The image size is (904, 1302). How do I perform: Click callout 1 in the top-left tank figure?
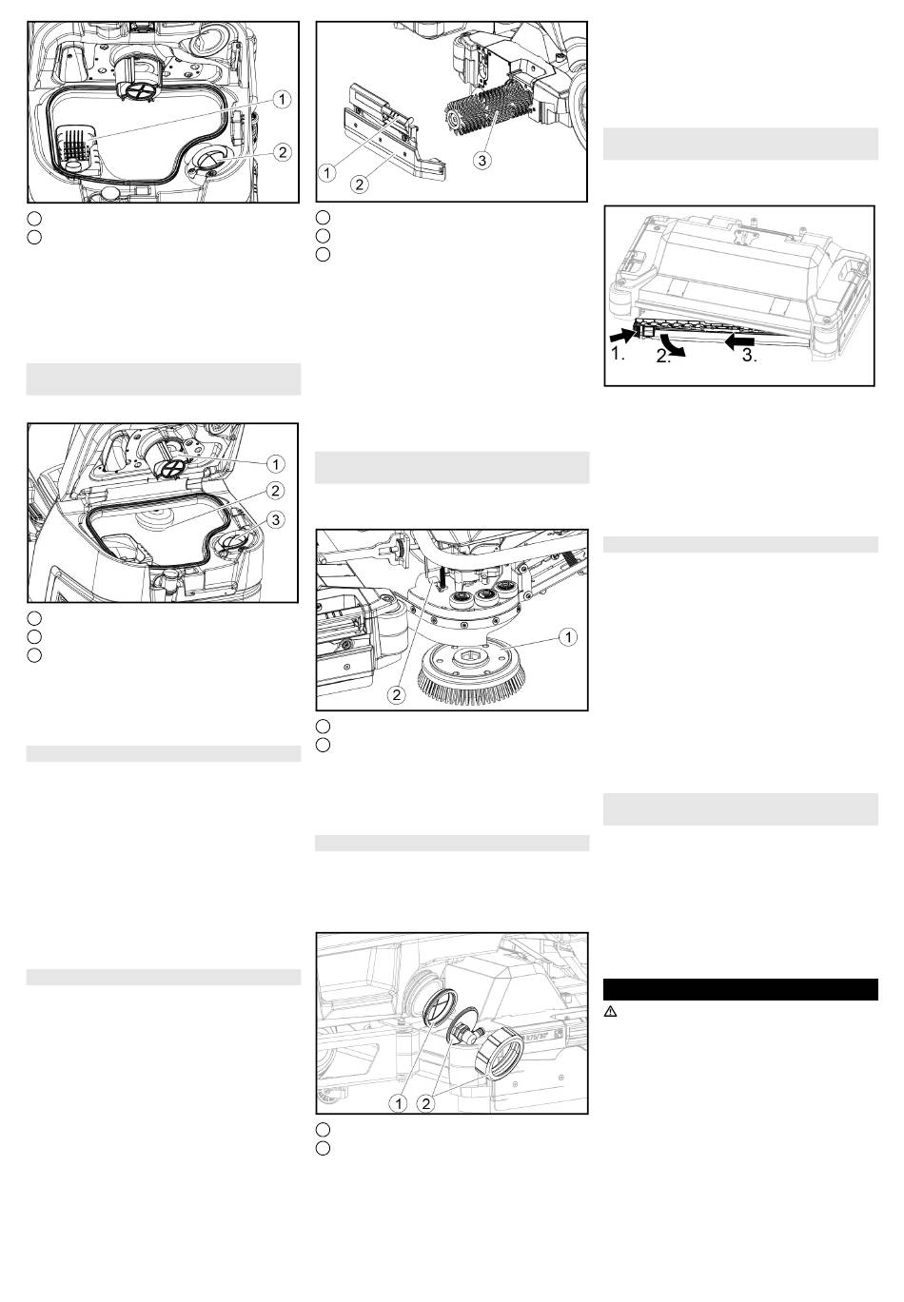(x=282, y=100)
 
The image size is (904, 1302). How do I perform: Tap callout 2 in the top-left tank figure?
(x=282, y=152)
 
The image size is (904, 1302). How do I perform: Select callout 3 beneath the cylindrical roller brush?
(x=481, y=160)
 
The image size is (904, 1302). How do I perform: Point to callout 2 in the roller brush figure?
(x=360, y=185)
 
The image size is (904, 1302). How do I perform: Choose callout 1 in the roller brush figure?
(x=327, y=172)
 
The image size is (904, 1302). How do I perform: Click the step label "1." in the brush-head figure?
(x=618, y=354)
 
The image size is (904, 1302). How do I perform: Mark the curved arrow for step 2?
(x=676, y=345)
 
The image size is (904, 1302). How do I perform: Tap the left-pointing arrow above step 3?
(x=739, y=341)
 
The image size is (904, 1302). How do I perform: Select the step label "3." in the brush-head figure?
(x=749, y=356)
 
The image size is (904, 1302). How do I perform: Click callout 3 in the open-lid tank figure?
(x=275, y=519)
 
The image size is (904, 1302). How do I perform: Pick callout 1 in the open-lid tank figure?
(x=275, y=464)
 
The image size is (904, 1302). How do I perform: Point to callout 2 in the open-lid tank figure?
(x=275, y=491)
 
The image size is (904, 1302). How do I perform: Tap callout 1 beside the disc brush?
(x=568, y=637)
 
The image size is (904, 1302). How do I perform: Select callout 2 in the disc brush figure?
(x=396, y=694)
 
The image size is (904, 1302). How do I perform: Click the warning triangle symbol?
(x=610, y=1012)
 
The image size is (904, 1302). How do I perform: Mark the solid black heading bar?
(x=740, y=989)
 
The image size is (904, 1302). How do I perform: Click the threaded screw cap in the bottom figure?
(x=500, y=1056)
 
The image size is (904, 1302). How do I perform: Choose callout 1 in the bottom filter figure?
(x=398, y=1104)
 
